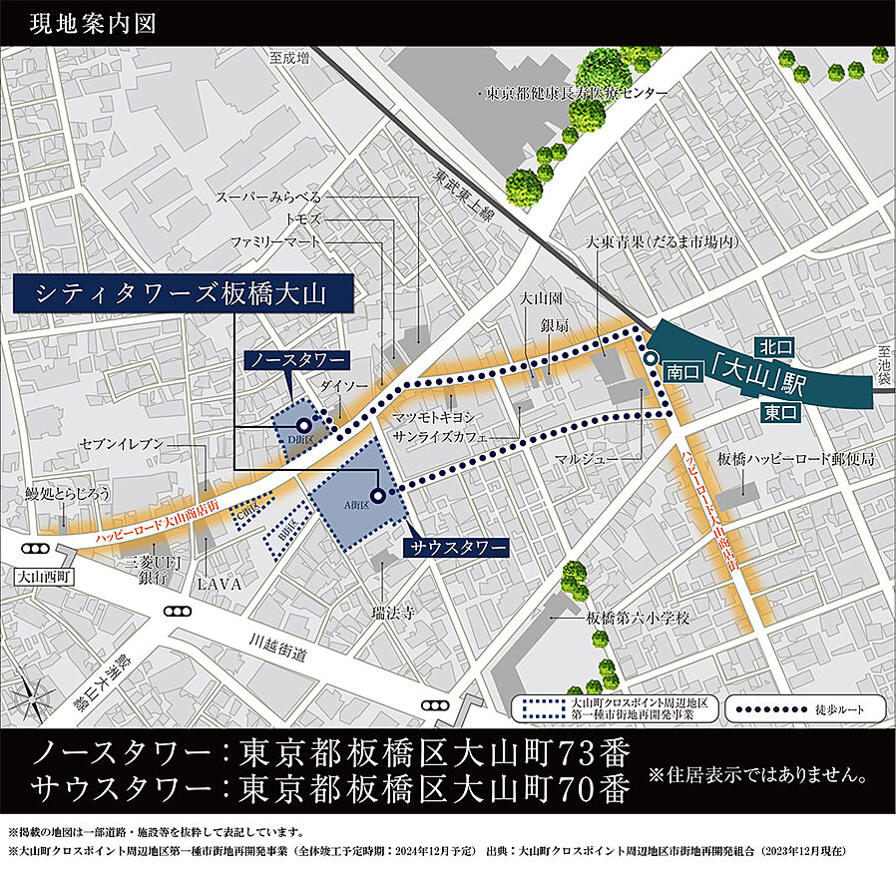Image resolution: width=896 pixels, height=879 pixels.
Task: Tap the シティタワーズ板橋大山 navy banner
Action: (182, 293)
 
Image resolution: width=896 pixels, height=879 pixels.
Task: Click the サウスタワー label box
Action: (455, 547)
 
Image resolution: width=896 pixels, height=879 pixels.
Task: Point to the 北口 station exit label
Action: (774, 348)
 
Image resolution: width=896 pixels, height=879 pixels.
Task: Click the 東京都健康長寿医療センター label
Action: (577, 93)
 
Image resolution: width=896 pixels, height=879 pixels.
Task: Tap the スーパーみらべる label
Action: (268, 197)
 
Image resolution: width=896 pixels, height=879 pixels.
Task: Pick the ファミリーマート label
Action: (275, 241)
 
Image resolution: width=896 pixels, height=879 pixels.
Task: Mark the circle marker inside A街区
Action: (377, 495)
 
